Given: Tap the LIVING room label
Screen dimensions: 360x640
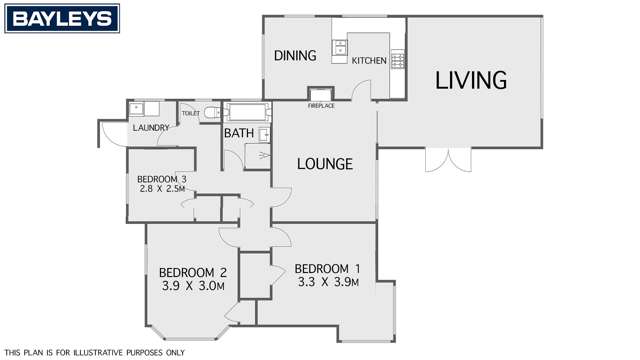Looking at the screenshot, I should click(x=471, y=79).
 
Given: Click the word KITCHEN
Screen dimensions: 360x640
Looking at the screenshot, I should click(x=368, y=61).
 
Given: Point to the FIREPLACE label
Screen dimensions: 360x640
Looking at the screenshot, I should click(x=321, y=105).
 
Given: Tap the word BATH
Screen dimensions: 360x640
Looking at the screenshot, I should click(x=239, y=133).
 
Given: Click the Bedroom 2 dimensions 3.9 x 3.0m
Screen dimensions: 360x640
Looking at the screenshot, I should click(x=193, y=287).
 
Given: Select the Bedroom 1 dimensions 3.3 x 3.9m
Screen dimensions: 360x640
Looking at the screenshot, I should click(x=326, y=283).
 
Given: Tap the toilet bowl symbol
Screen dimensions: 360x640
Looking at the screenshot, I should click(x=207, y=113).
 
